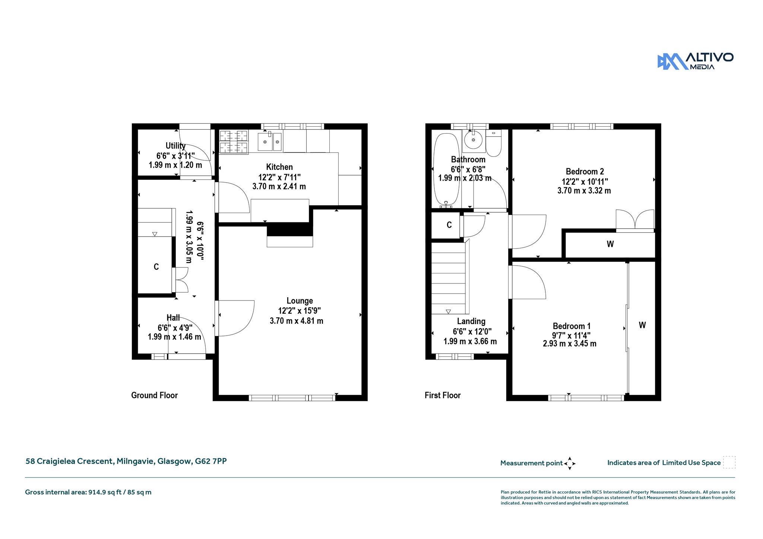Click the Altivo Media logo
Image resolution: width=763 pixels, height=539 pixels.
click(x=695, y=61)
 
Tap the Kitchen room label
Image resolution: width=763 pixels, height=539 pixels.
click(x=279, y=167)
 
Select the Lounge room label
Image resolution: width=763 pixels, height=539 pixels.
click(x=300, y=301)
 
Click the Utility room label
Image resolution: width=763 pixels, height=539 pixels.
click(x=175, y=146)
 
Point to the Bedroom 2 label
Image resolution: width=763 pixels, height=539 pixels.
click(x=585, y=171)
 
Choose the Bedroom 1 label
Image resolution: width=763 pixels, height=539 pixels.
click(x=572, y=326)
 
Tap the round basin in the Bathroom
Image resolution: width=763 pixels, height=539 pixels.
click(x=473, y=140)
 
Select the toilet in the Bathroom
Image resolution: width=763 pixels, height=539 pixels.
click(x=494, y=143)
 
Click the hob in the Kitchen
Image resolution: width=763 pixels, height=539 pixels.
click(x=234, y=142)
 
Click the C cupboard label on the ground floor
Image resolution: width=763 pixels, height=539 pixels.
click(x=156, y=267)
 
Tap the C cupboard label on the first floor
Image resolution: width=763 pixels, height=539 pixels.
click(x=449, y=225)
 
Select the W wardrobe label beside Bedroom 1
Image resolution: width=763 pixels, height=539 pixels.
click(x=642, y=325)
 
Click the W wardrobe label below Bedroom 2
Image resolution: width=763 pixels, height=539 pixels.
click(x=610, y=244)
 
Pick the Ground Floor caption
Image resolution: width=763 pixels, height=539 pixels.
click(x=154, y=395)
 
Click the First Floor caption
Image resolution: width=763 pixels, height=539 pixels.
click(x=443, y=395)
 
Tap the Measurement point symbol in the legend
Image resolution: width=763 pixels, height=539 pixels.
click(x=570, y=463)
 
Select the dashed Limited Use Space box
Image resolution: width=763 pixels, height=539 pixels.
click(x=729, y=462)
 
